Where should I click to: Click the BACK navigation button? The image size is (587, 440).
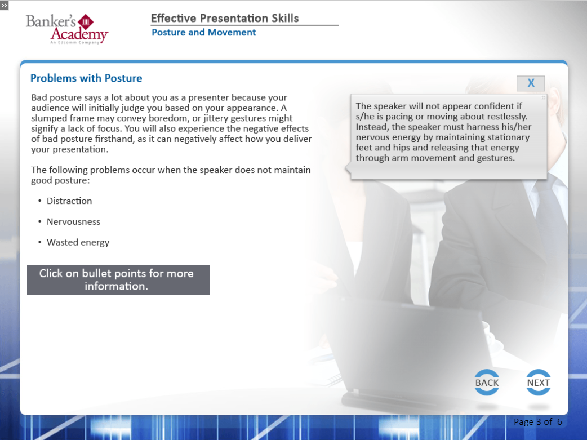tap(487, 383)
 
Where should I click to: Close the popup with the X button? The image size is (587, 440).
tap(531, 83)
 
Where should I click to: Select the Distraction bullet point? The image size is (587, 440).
tap(69, 201)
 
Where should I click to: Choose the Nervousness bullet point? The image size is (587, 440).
tap(73, 221)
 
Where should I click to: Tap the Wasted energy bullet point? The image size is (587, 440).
tap(78, 243)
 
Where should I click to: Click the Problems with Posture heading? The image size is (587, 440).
tap(86, 78)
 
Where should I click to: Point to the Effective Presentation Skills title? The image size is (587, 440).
tap(225, 18)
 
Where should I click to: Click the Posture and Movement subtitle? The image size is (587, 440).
tap(204, 32)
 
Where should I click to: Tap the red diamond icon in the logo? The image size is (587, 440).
tap(86, 22)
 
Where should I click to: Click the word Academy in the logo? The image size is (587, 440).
tap(79, 34)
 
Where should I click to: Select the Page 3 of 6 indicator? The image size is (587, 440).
tap(537, 421)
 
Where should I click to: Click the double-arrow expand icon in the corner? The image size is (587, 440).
tap(4, 5)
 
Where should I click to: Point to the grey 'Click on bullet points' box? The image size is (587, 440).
tap(118, 280)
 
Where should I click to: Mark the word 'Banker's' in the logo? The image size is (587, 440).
tap(51, 21)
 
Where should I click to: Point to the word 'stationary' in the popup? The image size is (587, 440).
tap(509, 137)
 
